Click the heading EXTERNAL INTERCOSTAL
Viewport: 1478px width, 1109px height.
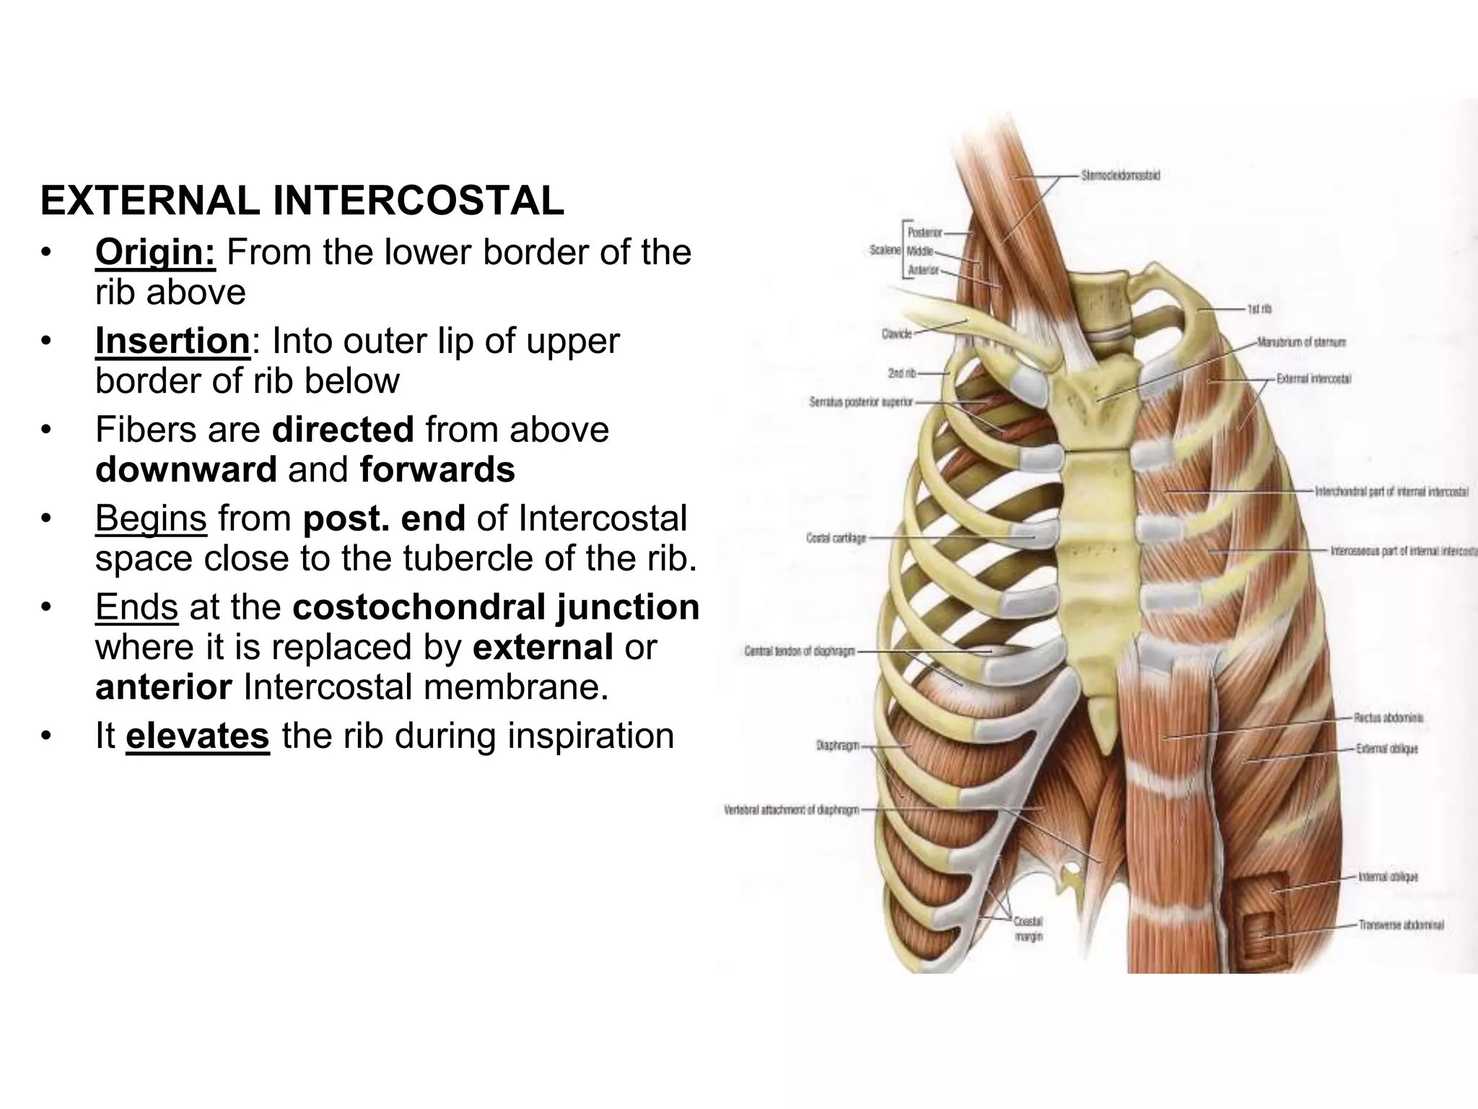coord(302,201)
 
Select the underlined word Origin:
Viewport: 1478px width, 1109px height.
coord(155,253)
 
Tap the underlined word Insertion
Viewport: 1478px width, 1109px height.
coord(172,342)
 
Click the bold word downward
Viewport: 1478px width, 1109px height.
coord(186,470)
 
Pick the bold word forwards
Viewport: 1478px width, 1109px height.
coord(437,470)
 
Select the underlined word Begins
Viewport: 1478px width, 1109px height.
coord(151,518)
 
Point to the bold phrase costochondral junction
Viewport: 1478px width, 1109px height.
coord(496,607)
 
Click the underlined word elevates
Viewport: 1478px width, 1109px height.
coord(198,736)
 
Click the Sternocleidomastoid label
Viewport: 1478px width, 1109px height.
coord(1121,175)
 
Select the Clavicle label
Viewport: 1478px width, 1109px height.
coord(897,334)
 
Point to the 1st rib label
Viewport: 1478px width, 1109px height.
coord(1259,309)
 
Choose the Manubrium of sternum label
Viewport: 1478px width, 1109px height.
coord(1301,342)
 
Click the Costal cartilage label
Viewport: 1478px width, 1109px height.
coord(836,538)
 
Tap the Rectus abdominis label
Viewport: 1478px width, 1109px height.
coord(1389,718)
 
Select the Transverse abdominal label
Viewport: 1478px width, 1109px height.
coord(1401,925)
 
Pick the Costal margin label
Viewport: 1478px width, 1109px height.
coord(1028,929)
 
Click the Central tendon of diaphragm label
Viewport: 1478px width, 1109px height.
coord(800,651)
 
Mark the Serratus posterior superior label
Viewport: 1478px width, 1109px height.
coord(861,402)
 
